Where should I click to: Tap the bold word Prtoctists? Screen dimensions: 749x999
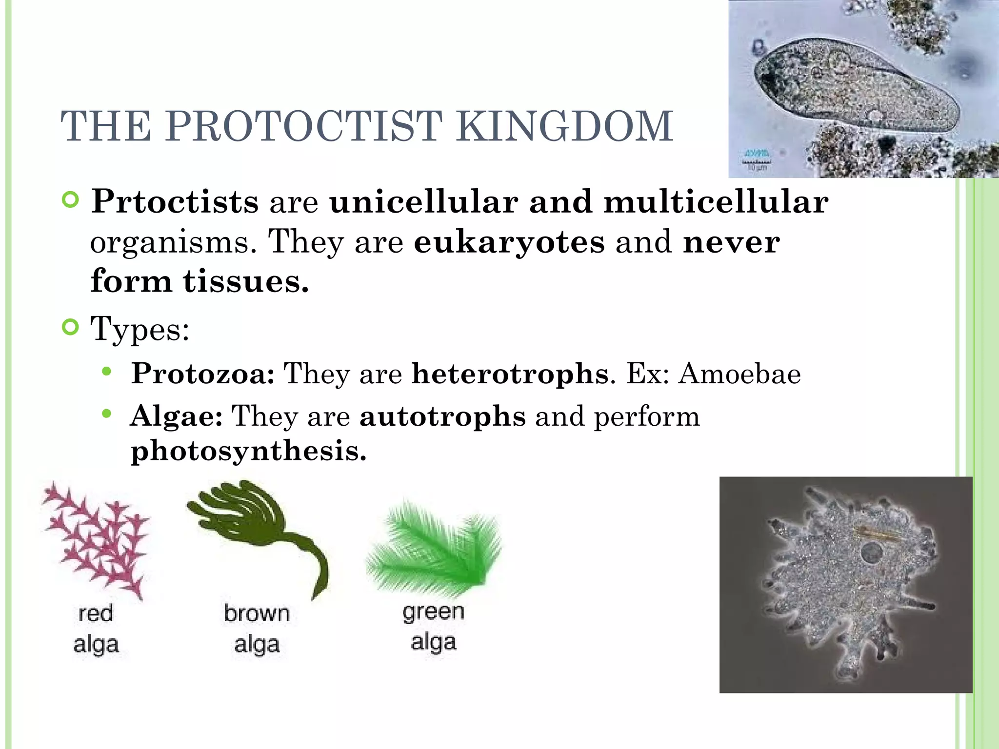click(x=175, y=201)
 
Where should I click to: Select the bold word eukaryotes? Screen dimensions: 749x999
click(x=509, y=242)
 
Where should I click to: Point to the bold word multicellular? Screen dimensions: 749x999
click(x=716, y=201)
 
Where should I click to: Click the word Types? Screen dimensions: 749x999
click(x=140, y=329)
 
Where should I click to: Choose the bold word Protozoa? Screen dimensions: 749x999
click(x=202, y=374)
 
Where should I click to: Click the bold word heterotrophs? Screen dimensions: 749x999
click(x=510, y=374)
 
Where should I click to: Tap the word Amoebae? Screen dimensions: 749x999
click(x=739, y=374)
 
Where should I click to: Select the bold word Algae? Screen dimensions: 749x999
click(x=177, y=416)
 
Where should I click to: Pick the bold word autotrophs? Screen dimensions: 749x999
click(x=442, y=416)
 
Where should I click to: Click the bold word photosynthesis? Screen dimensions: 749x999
click(x=248, y=451)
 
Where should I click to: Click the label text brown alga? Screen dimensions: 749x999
click(x=257, y=629)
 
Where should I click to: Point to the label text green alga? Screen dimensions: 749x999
click(x=433, y=627)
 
